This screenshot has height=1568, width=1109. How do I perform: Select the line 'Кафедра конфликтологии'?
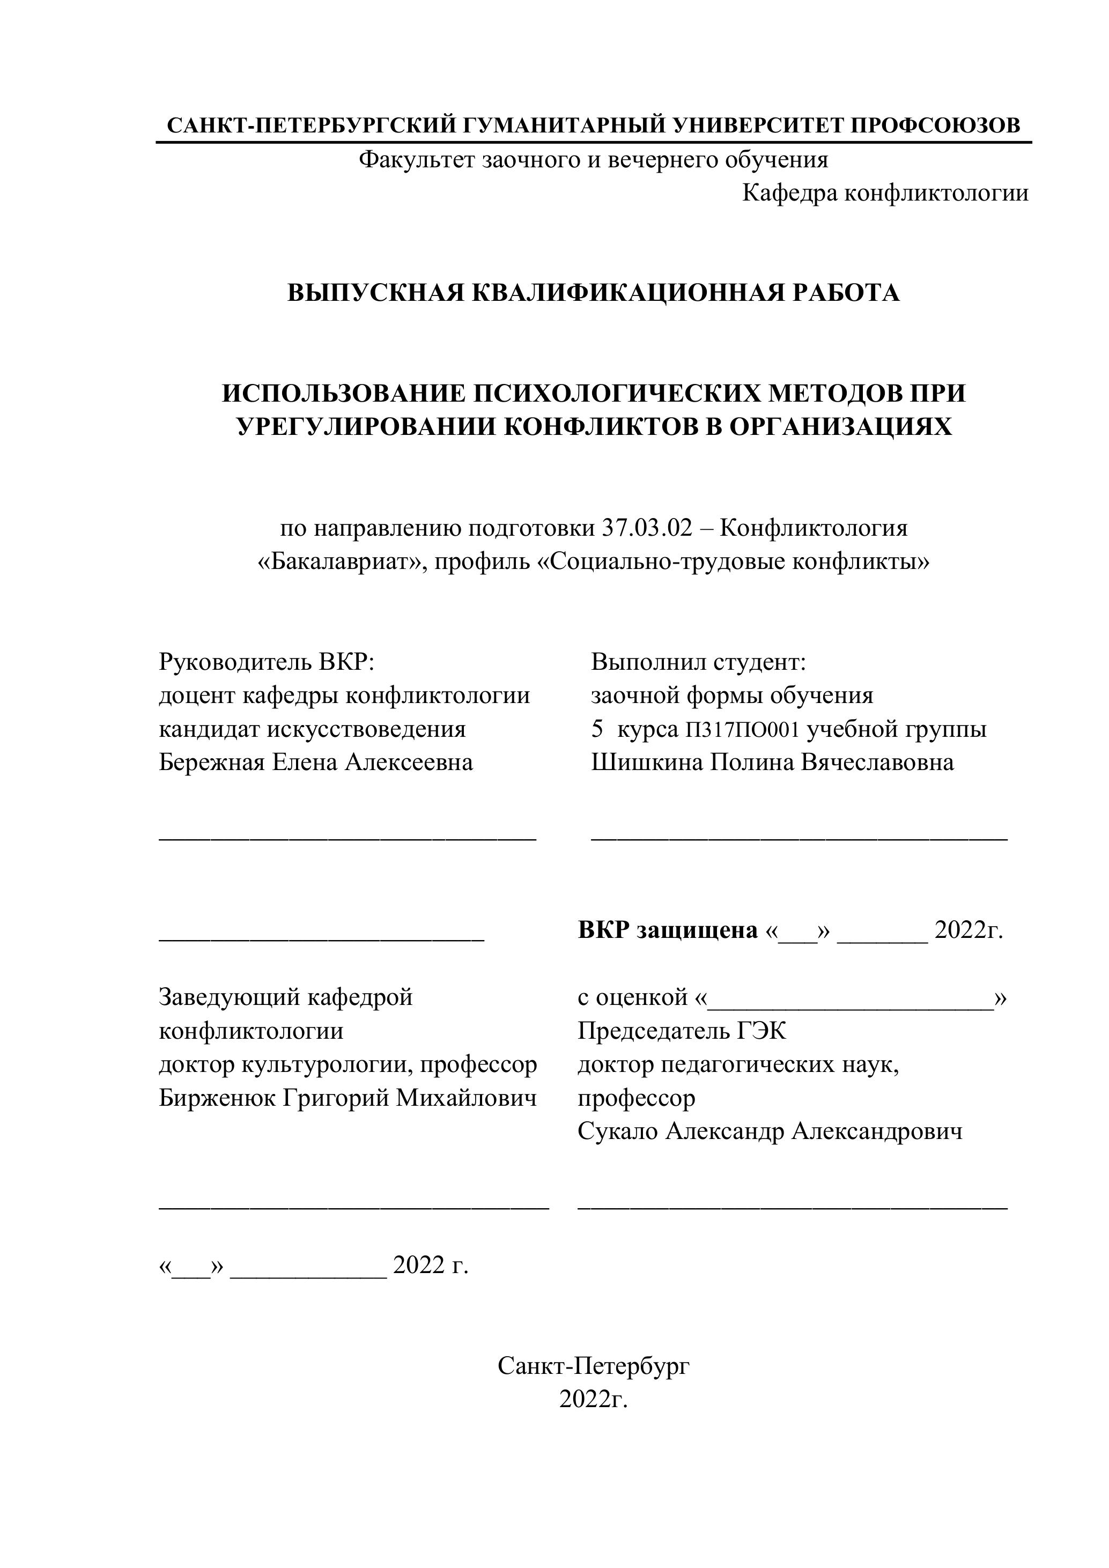(885, 193)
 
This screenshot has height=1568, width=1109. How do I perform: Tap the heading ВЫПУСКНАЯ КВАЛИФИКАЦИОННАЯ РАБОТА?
(593, 292)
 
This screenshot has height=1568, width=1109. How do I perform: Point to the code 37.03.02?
(647, 528)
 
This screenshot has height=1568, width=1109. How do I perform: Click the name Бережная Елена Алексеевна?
(315, 762)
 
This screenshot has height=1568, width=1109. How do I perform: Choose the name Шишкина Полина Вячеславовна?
(772, 762)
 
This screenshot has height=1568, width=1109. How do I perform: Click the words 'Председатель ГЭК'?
(682, 1031)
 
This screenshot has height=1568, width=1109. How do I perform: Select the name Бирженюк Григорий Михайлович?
(348, 1098)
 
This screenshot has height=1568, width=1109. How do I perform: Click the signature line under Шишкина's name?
(799, 839)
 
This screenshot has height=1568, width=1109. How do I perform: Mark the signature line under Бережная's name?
(348, 839)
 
